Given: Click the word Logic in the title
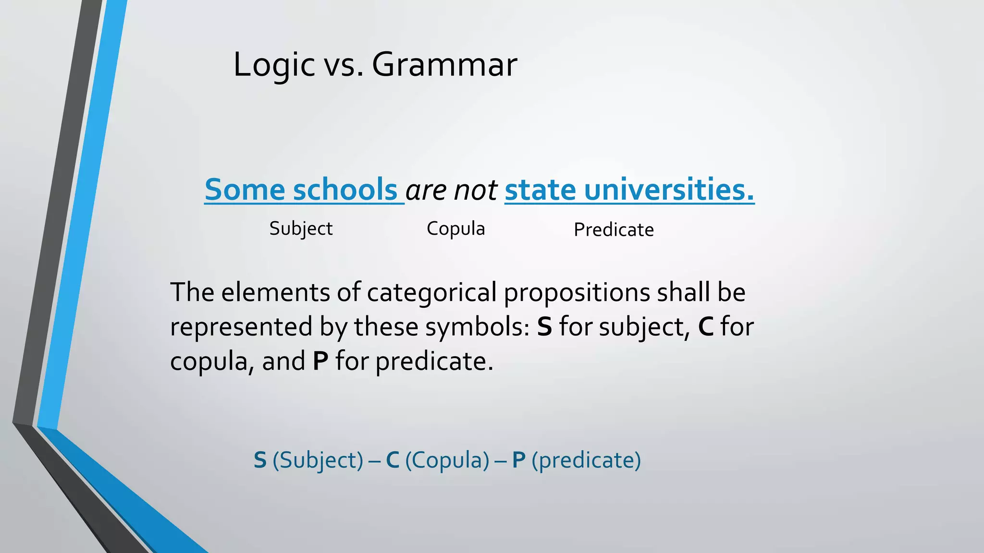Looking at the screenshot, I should [x=274, y=65].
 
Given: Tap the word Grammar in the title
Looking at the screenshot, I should [x=444, y=65].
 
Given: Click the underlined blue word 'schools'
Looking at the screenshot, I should [x=345, y=189].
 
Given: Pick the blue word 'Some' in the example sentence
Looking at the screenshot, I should [x=245, y=189].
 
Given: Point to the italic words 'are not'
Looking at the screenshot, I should [x=451, y=190].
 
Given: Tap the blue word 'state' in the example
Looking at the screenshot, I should [x=540, y=189].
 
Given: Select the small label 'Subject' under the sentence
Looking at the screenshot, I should [x=301, y=229].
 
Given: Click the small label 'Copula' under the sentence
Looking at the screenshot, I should [x=455, y=229].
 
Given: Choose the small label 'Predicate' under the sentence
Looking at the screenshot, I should [x=614, y=230].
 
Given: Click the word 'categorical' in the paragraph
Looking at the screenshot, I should [x=431, y=292].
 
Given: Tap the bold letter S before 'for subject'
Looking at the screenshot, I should [x=544, y=327].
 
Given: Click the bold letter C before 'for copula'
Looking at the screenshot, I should [x=705, y=327].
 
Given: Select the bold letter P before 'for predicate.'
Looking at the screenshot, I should [x=320, y=361].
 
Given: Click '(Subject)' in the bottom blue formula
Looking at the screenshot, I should [x=318, y=460].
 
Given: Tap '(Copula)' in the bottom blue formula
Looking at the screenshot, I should [x=447, y=460].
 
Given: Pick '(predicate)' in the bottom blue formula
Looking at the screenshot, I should [x=586, y=460].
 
